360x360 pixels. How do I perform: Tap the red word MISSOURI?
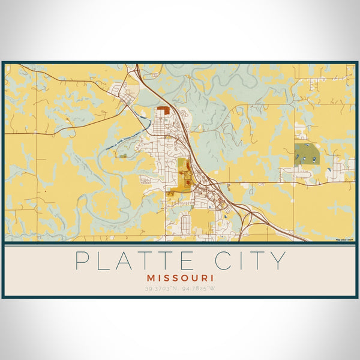pos(180,279)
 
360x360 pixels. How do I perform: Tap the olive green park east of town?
pos(307,153)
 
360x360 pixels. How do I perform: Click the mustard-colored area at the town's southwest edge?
pos(174,193)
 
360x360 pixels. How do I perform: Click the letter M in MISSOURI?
pos(150,279)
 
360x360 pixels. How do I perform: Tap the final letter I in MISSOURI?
pos(212,279)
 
